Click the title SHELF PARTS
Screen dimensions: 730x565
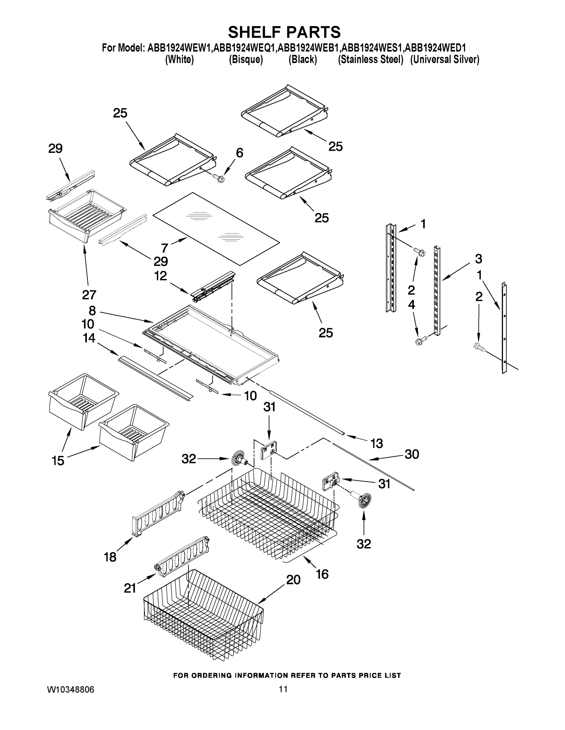click(284, 33)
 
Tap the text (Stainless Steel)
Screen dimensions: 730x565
click(371, 60)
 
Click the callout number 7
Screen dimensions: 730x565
click(164, 248)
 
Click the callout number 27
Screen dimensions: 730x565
click(89, 294)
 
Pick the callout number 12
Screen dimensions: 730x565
click(160, 276)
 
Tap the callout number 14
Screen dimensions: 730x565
click(89, 338)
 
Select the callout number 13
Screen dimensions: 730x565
click(376, 443)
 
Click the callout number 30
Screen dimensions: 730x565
click(412, 454)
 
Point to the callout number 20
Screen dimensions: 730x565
click(293, 579)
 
